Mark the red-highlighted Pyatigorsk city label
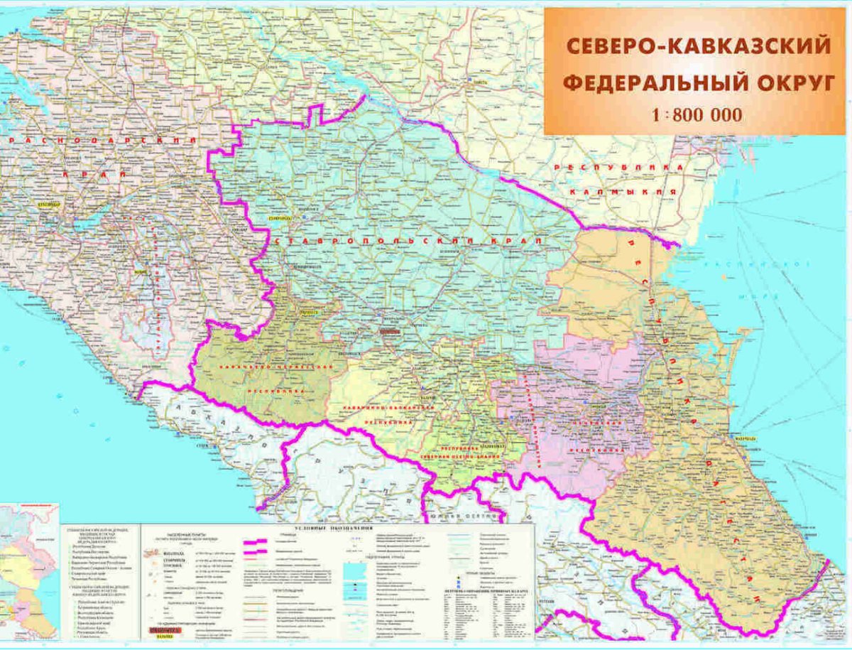coord(390,331)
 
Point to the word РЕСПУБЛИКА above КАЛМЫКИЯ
coord(619,167)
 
